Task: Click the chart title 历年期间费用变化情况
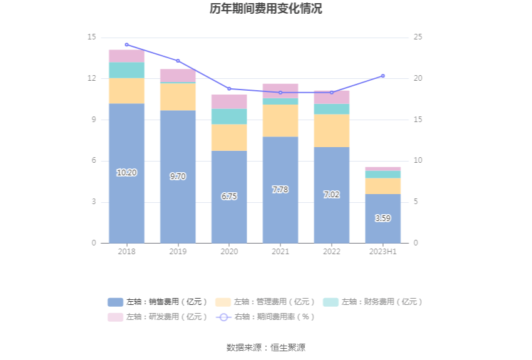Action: (x=266, y=9)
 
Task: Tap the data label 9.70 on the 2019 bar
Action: (x=178, y=177)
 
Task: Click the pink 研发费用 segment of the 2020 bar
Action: (x=229, y=101)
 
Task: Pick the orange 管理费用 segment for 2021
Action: (x=280, y=120)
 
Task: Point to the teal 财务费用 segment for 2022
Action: (x=332, y=109)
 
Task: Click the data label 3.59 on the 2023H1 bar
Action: (x=383, y=219)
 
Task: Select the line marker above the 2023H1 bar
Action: (x=383, y=76)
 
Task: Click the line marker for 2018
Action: (x=126, y=44)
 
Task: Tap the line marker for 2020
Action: (x=229, y=89)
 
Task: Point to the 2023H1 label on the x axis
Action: (x=383, y=252)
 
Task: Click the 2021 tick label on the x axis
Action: (x=280, y=252)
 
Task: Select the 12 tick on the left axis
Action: (x=91, y=79)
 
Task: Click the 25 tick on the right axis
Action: (x=418, y=38)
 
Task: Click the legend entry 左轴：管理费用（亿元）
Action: (x=265, y=302)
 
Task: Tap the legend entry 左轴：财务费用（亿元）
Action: (x=373, y=302)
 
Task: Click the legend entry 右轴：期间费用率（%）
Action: (x=265, y=317)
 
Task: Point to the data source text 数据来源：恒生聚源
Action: (x=266, y=347)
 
